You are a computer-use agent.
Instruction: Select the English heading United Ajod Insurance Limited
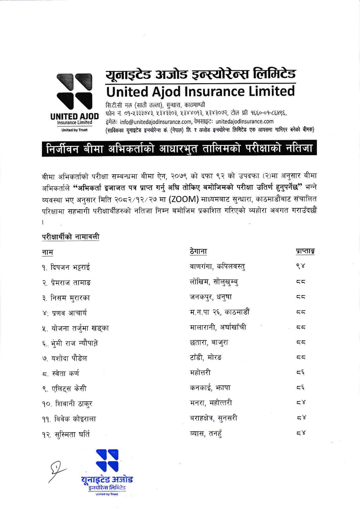(200, 92)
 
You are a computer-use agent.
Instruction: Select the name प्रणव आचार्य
(69, 313)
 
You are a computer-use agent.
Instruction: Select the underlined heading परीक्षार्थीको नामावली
(71, 237)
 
